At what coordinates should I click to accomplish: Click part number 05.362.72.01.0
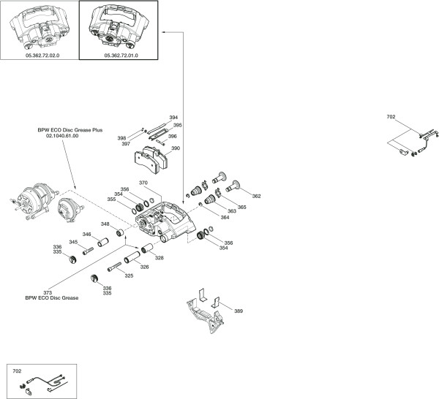[x=122, y=55]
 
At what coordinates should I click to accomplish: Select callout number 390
[x=176, y=148]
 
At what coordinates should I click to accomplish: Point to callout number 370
[x=143, y=183]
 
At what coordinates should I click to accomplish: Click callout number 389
[x=239, y=311]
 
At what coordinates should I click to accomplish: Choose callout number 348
[x=105, y=224]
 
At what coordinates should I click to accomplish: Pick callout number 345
[x=73, y=242]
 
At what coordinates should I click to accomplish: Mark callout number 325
[x=129, y=275]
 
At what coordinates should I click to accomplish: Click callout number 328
[x=159, y=258]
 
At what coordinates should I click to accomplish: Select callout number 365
[x=242, y=208]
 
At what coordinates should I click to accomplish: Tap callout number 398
[x=121, y=137]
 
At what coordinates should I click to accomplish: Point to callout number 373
[x=48, y=292]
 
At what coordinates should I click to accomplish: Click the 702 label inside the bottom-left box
[x=18, y=371]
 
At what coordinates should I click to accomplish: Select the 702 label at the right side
[x=391, y=116]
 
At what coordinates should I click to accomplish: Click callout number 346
[x=86, y=235]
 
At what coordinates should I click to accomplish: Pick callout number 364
[x=225, y=217]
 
